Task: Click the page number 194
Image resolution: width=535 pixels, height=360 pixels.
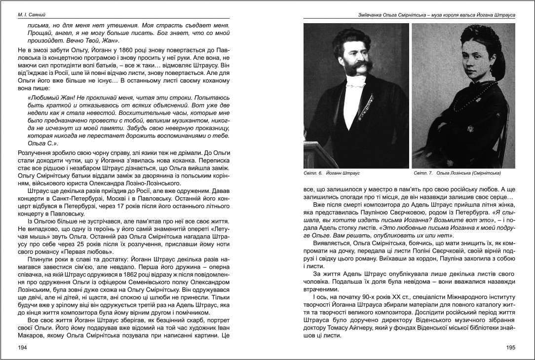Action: click(x=22, y=347)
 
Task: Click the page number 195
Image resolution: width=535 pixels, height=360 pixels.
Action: click(x=511, y=347)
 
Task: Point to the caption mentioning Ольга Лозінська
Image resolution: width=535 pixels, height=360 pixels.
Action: click(x=457, y=174)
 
